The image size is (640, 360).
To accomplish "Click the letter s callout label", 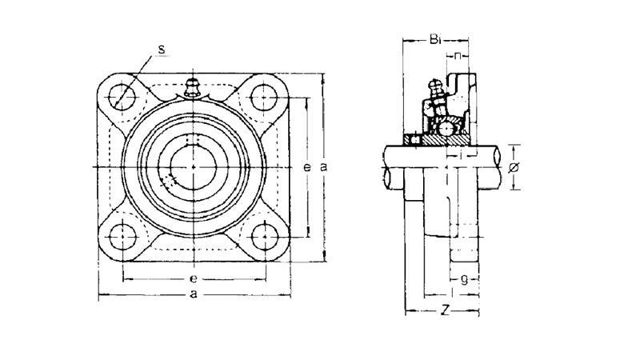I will (x=162, y=50).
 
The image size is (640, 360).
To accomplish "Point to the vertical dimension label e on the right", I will (x=308, y=166).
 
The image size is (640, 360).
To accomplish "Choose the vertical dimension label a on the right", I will (x=323, y=166).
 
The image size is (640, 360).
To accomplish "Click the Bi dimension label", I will (x=434, y=38).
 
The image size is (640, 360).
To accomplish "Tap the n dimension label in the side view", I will (x=458, y=55).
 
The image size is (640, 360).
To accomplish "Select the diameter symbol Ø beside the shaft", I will (x=514, y=166).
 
